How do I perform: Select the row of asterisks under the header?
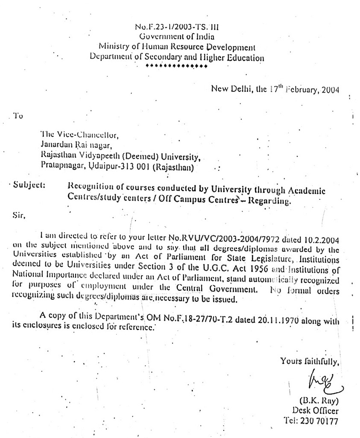[x=176, y=67]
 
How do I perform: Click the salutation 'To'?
[x=18, y=116]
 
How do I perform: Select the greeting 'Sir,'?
[x=20, y=216]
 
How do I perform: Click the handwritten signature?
[x=317, y=381]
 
